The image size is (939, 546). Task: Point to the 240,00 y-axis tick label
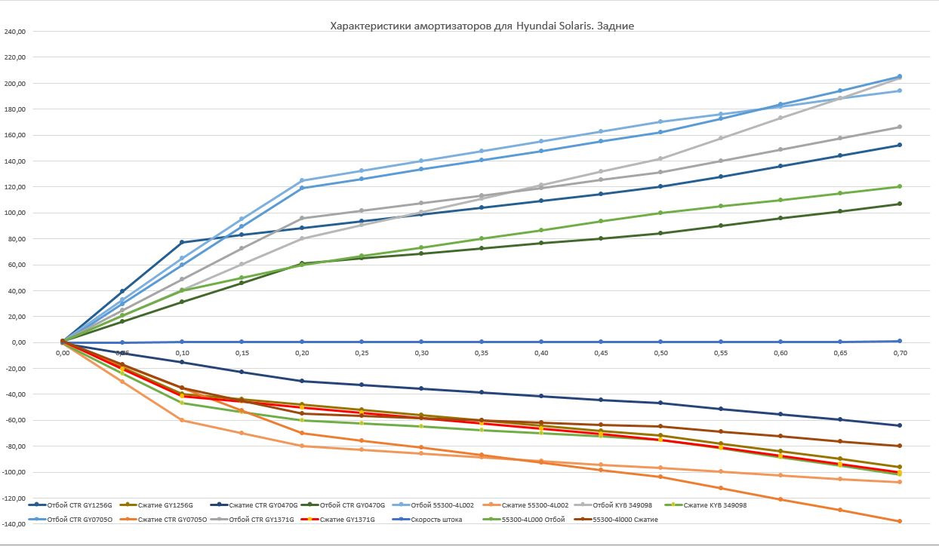pos(16,32)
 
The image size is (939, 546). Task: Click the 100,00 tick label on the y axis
pos(16,213)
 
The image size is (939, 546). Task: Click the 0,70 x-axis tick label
pos(899,352)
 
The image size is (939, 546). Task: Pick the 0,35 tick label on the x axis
pos(481,352)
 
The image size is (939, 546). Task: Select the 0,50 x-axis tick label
pos(660,352)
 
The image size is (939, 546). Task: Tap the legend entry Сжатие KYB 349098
pos(715,505)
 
